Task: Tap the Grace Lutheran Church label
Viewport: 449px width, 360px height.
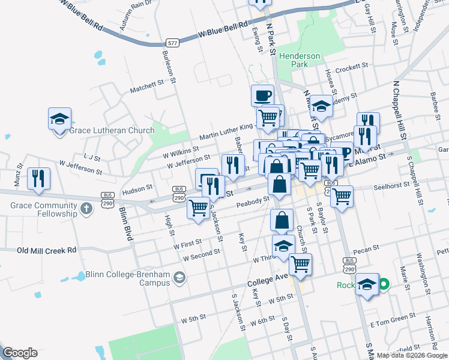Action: pyautogui.click(x=112, y=130)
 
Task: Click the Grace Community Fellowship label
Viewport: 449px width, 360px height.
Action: pyautogui.click(x=43, y=209)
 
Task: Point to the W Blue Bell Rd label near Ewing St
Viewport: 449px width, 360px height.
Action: pyautogui.click(x=223, y=31)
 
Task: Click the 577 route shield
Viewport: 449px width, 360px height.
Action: pyautogui.click(x=173, y=43)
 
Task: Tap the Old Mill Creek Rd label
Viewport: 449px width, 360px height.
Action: pyautogui.click(x=47, y=250)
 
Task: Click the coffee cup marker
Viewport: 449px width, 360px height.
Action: pyautogui.click(x=262, y=95)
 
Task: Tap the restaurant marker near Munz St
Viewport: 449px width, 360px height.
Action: pyautogui.click(x=38, y=178)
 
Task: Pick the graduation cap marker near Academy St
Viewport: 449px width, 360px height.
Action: pyautogui.click(x=322, y=106)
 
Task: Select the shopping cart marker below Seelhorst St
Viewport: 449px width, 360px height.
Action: pyautogui.click(x=342, y=196)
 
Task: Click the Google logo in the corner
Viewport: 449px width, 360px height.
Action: pyautogui.click(x=20, y=353)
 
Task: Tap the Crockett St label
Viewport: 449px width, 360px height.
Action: pyautogui.click(x=351, y=68)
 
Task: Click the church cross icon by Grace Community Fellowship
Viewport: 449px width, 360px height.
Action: pyautogui.click(x=86, y=209)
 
